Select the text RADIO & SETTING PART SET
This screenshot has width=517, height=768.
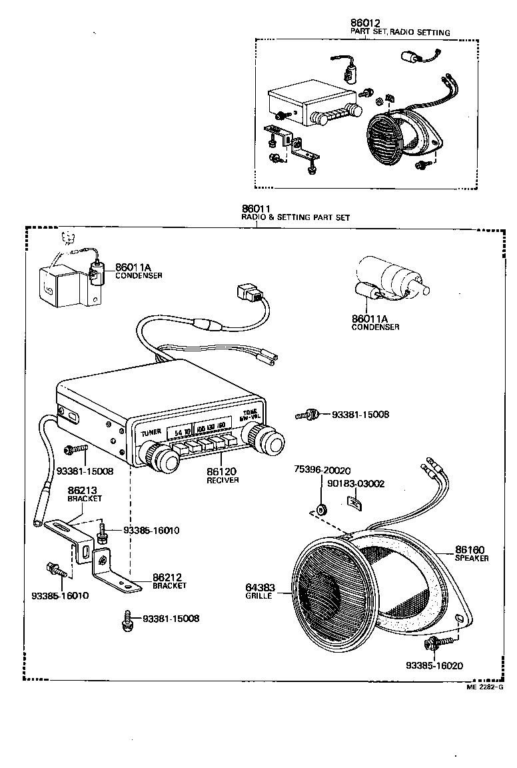coord(295,217)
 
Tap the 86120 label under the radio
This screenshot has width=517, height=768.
coord(221,471)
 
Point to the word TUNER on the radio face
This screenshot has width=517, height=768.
coord(151,433)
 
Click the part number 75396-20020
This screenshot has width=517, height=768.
coord(322,470)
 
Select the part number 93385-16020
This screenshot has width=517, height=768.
coord(434,665)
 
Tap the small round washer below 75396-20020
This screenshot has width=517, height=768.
coord(322,509)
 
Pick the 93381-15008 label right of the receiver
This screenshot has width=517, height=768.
coord(360,415)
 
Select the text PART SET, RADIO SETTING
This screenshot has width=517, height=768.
coord(400,32)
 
